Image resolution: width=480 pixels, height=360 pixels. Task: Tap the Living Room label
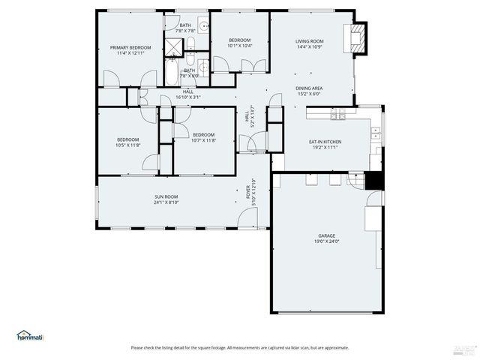pyautogui.click(x=309, y=41)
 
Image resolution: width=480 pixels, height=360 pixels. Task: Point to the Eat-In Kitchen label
pyautogui.click(x=325, y=142)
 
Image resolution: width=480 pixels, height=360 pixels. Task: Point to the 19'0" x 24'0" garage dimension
pyautogui.click(x=326, y=241)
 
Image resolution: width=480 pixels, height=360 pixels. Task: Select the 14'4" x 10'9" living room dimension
pyautogui.click(x=309, y=46)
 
